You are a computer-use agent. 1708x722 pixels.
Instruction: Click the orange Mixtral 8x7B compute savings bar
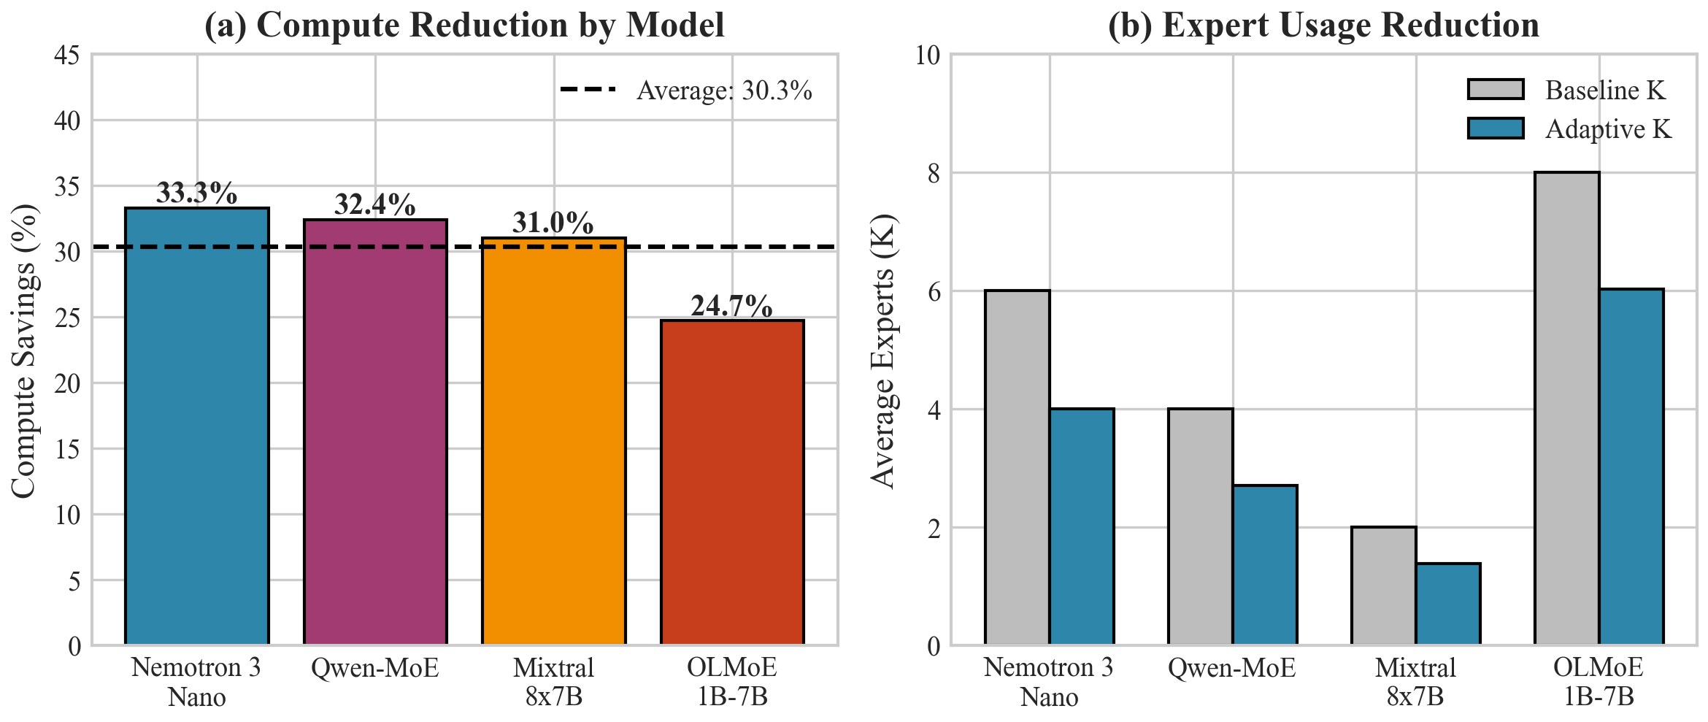(x=553, y=441)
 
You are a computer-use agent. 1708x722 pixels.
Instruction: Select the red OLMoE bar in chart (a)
(x=732, y=482)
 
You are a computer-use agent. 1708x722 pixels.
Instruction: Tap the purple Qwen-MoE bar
(x=375, y=431)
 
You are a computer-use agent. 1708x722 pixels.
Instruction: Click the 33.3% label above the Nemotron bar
(x=196, y=193)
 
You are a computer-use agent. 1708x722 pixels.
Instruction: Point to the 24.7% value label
(x=731, y=306)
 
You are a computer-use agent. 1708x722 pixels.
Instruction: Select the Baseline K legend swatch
(x=1496, y=90)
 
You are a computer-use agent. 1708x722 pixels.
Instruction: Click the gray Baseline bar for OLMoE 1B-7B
(x=1566, y=409)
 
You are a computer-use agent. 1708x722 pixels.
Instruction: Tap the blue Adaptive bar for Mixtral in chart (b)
(x=1448, y=604)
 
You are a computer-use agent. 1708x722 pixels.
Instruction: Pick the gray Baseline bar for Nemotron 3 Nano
(x=1017, y=467)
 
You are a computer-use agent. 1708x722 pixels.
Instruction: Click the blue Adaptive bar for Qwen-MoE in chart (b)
(x=1265, y=564)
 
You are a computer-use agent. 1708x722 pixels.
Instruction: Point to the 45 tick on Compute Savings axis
(x=67, y=55)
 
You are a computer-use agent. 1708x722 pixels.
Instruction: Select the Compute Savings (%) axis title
(x=23, y=350)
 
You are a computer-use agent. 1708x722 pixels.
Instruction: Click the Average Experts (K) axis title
(x=882, y=350)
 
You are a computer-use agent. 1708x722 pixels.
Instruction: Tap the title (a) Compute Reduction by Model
(x=464, y=25)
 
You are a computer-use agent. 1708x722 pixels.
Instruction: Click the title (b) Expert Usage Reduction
(x=1323, y=25)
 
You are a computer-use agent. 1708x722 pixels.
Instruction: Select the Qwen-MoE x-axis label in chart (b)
(x=1231, y=668)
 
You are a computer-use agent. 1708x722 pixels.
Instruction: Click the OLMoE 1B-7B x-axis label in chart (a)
(x=732, y=682)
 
